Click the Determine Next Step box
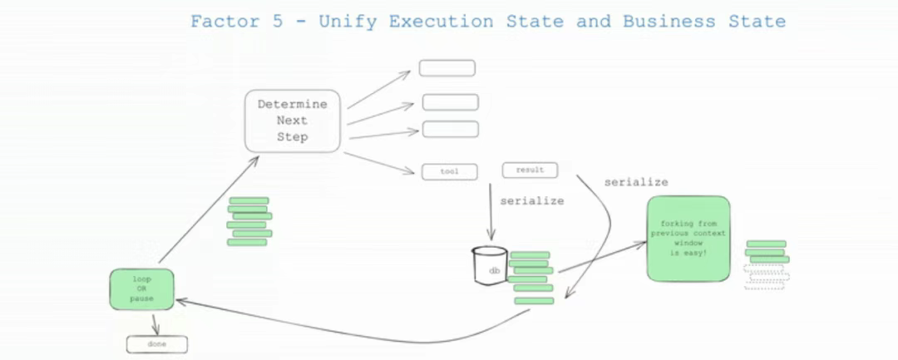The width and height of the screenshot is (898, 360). click(293, 121)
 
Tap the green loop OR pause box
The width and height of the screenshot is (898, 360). click(141, 289)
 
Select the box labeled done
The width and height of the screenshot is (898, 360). click(157, 344)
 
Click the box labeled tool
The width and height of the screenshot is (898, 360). click(450, 172)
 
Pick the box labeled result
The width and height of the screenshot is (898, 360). click(530, 170)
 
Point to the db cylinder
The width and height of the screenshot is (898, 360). click(490, 264)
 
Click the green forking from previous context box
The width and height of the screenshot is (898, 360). click(688, 239)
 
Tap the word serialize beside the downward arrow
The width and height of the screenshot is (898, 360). click(532, 201)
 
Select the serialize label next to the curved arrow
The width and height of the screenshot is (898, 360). click(636, 183)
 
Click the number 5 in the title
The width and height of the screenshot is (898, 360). click(277, 22)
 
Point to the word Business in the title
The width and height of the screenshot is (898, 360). click(669, 22)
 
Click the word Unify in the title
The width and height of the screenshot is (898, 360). click(348, 22)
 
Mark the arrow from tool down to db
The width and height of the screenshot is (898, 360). click(491, 211)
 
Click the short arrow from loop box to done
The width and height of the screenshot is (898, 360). click(154, 323)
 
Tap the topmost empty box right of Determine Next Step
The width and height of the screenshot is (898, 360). click(447, 68)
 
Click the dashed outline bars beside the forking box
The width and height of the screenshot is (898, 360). click(767, 276)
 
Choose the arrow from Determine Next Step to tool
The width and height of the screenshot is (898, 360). click(378, 163)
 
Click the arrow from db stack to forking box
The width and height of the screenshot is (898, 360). click(603, 257)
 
